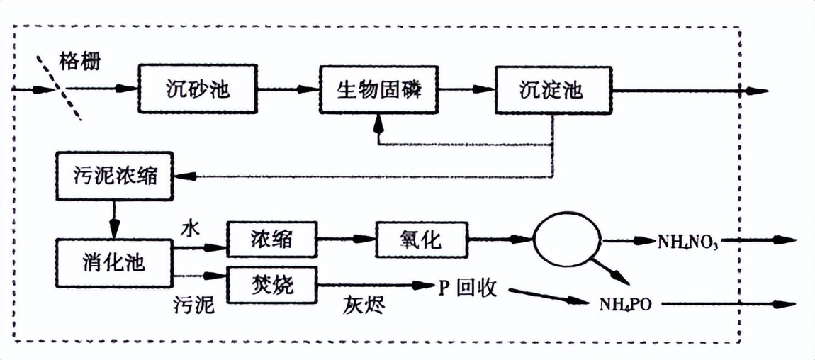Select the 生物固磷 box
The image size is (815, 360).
[x=377, y=90]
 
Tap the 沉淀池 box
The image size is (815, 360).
[x=553, y=90]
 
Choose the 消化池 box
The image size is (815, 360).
[x=113, y=263]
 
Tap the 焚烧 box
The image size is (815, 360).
[x=272, y=284]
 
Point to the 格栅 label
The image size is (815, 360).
[x=79, y=60]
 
